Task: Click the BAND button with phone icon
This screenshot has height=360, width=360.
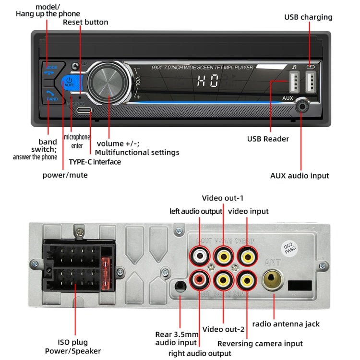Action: point(51,95)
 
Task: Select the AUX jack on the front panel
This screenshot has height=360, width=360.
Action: point(302,107)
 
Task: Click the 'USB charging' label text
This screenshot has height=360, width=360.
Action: point(308,17)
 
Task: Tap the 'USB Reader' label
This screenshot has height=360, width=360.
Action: point(268,139)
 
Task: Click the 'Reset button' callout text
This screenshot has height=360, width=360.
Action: point(86,22)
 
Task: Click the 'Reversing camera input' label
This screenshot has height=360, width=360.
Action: point(260,343)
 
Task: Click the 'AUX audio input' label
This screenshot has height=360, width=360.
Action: point(300,176)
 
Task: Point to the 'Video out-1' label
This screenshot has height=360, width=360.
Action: point(223,198)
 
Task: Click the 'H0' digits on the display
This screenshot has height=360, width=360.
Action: point(207,81)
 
